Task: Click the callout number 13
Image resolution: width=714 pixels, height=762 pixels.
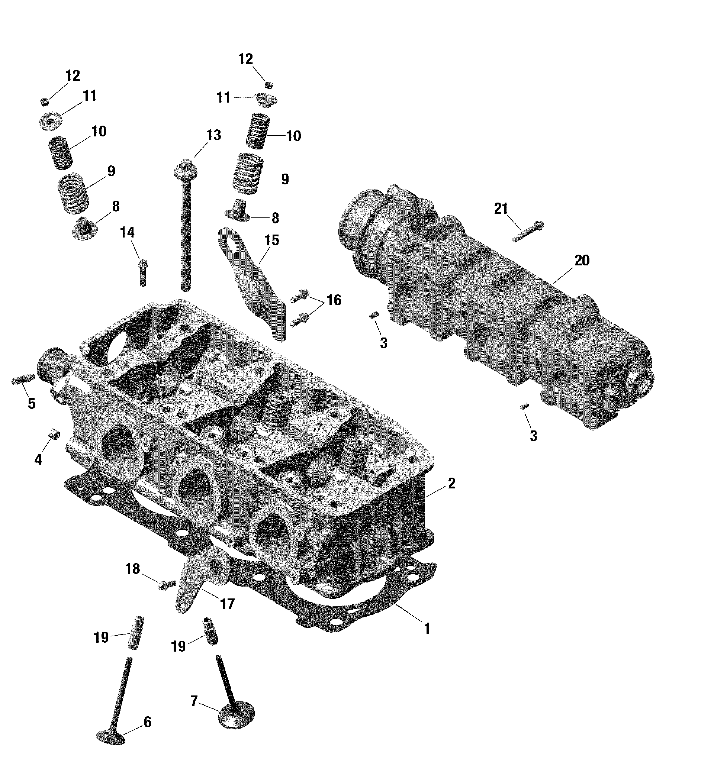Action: point(213,135)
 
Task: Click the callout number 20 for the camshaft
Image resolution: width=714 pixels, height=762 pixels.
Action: point(582,260)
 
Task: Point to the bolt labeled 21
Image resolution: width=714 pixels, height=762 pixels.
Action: point(528,232)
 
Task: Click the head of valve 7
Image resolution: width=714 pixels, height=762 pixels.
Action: point(236,714)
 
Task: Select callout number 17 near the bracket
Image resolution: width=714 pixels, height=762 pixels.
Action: point(227,604)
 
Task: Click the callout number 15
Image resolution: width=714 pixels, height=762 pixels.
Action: point(271,240)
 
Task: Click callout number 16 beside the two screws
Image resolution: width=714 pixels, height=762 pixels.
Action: point(334,300)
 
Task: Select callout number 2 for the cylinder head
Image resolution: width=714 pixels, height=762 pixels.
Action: point(451,483)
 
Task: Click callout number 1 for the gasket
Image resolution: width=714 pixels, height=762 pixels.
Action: point(427,629)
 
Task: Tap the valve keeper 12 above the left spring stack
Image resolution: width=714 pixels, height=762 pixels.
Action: point(45,101)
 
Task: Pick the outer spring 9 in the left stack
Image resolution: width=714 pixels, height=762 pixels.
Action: point(73,194)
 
